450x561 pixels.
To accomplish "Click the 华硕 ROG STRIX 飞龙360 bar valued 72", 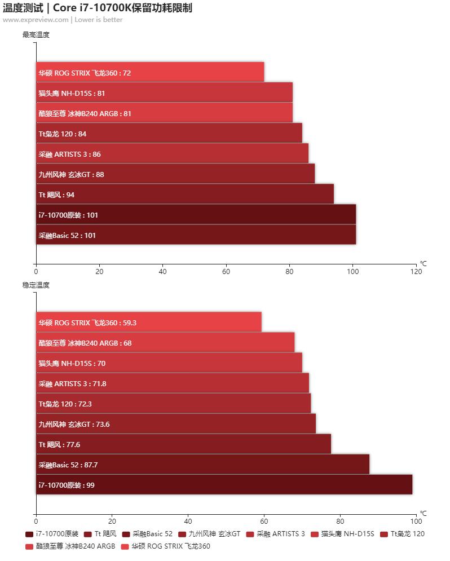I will pyautogui.click(x=150, y=72).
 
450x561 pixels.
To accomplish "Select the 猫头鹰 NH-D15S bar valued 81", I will pyautogui.click(x=164, y=92).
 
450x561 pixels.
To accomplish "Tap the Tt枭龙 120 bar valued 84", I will pyautogui.click(x=169, y=133).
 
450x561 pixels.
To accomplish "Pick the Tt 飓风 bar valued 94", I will pyautogui.click(x=185, y=194).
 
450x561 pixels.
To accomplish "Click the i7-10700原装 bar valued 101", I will pyautogui.click(x=196, y=214).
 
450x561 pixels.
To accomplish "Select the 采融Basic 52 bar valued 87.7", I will pyautogui.click(x=203, y=464).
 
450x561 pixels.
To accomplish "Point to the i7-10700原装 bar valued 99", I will pyautogui.click(x=224, y=484).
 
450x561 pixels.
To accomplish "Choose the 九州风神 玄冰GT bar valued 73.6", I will pyautogui.click(x=176, y=423).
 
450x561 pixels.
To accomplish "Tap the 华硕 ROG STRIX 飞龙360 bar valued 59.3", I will pyautogui.click(x=149, y=322).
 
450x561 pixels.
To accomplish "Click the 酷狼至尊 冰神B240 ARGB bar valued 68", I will pyautogui.click(x=165, y=342).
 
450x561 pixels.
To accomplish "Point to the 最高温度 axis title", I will pyautogui.click(x=36, y=35).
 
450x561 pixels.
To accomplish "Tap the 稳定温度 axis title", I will pyautogui.click(x=36, y=285).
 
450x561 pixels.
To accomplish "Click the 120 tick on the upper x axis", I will pyautogui.click(x=416, y=272).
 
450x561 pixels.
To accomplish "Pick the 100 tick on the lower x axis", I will pyautogui.click(x=416, y=522).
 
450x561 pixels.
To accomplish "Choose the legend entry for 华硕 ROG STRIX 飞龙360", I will pyautogui.click(x=170, y=546).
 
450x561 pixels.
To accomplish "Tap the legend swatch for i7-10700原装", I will pyautogui.click(x=29, y=534).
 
